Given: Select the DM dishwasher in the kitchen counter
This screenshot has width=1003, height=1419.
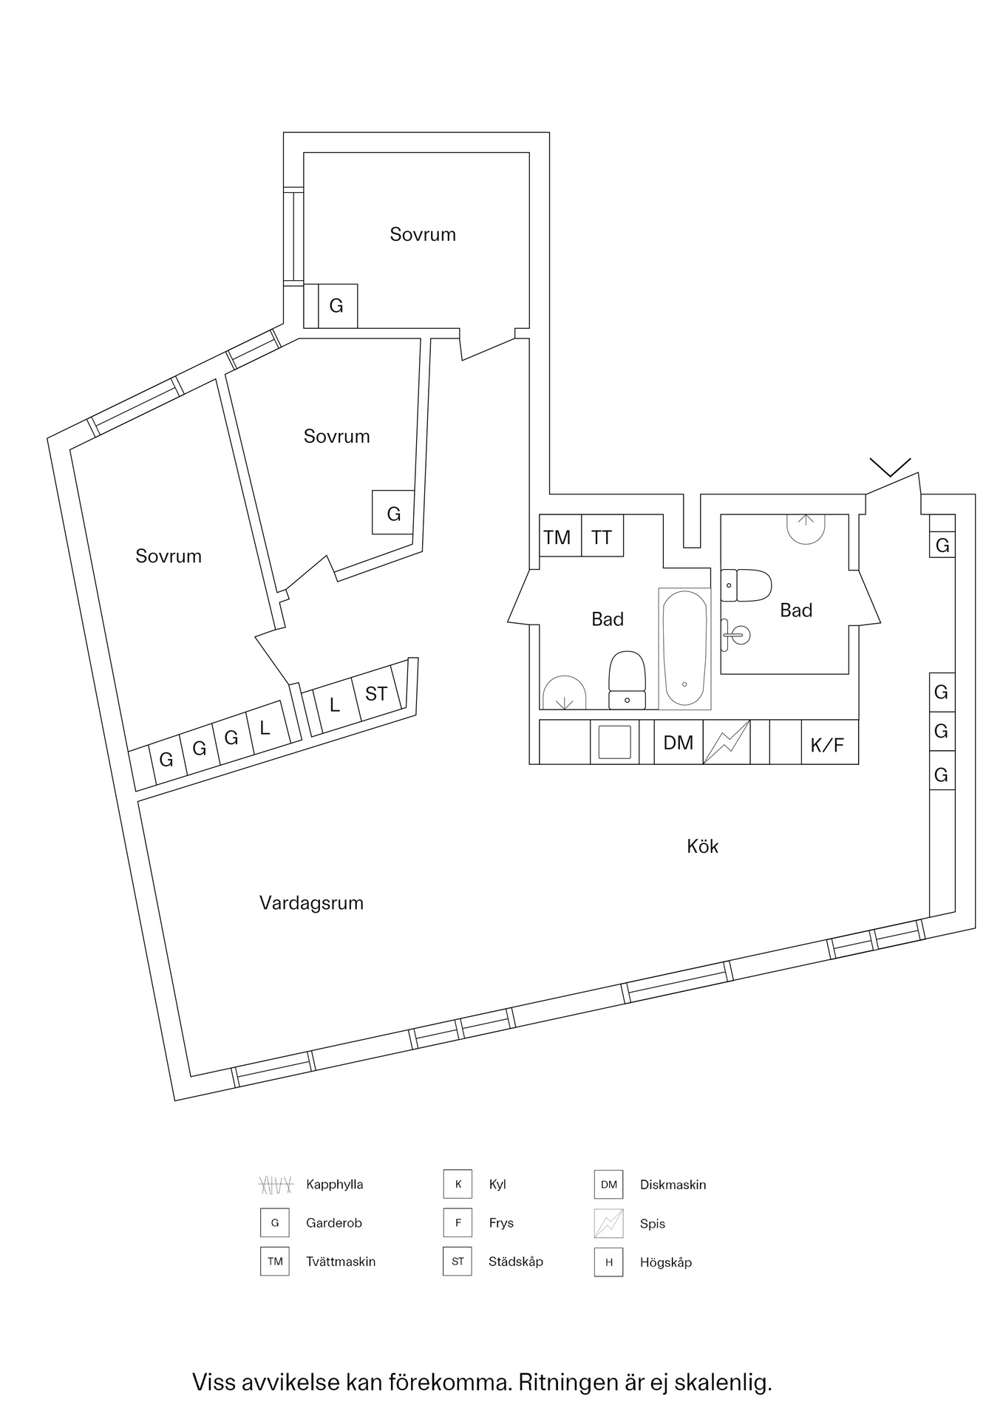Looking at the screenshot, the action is pos(678,742).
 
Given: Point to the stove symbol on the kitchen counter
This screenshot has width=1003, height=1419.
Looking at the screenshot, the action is pos(726,742).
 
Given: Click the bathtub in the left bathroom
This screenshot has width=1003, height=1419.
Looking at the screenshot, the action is pos(684,648).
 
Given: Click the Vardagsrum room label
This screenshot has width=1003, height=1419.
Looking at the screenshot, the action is pos(311,903).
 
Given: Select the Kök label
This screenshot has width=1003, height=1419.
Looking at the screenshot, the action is pos(702,846).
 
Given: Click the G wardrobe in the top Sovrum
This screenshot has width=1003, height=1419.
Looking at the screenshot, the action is pos(337,306).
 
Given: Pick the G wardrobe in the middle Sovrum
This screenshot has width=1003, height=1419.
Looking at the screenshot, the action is pos(393,513).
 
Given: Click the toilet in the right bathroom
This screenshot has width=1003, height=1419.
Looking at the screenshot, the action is pos(747,585).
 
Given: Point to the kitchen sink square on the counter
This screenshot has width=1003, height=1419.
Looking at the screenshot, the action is pos(614,742).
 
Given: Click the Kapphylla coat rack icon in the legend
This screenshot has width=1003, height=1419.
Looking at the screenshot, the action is pos(275,1185).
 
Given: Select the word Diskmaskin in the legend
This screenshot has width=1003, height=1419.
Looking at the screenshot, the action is pos(673,1185).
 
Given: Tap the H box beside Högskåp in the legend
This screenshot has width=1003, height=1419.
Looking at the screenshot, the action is pos(608,1262).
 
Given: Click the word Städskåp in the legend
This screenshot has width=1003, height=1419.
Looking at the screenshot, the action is pos(515,1262).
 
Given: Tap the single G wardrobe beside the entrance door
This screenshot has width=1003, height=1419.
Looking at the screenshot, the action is pos(942,545).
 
